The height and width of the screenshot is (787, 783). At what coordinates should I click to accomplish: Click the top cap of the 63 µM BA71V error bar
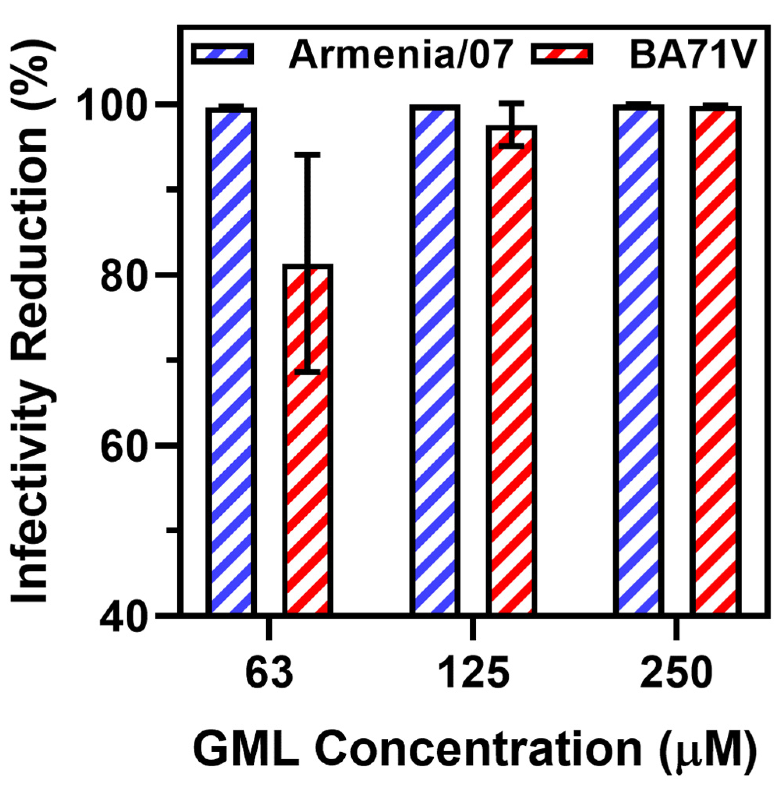[308, 155]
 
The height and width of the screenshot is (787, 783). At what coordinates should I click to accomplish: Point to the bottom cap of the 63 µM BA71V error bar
[308, 371]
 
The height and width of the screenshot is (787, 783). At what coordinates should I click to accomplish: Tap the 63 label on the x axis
[269, 673]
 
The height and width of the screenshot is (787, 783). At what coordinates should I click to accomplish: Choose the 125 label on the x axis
[474, 673]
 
